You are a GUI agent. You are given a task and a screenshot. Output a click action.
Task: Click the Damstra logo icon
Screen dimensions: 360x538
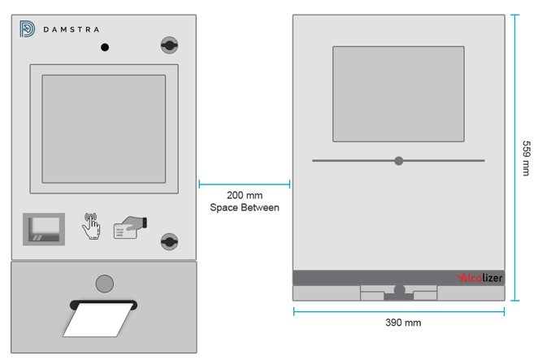coord(28,29)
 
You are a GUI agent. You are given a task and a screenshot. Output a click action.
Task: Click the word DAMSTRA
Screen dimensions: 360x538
coord(71,30)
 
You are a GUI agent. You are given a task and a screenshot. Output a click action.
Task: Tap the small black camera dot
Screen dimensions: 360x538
coord(105,48)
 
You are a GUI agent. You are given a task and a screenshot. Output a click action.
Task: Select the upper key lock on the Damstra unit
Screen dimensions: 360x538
coord(169,45)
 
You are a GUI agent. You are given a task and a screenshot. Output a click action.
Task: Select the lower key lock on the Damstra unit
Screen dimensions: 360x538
coord(169,241)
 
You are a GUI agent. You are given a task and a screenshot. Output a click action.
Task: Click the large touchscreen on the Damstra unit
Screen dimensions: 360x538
coord(104,129)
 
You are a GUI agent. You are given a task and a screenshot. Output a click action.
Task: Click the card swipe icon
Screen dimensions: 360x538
coord(129,228)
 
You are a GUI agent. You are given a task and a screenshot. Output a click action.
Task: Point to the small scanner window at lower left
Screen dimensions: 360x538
coord(44,228)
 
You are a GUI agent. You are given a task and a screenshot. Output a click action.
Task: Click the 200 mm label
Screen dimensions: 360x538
coord(244,195)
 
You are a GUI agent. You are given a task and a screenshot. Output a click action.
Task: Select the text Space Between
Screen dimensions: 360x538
coord(244,208)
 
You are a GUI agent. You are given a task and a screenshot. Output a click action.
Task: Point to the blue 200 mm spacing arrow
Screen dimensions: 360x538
coord(244,184)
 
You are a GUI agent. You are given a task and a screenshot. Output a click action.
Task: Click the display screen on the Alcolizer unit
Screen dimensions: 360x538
coord(398,93)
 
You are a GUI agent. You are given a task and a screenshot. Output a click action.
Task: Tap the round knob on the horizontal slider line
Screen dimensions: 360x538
coord(398,161)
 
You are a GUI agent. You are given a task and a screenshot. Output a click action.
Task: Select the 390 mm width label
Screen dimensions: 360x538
coord(403,323)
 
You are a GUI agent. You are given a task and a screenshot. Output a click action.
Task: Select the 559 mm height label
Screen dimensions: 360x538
coord(526,157)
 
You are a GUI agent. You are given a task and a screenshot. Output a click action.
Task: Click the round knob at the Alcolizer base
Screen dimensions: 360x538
coord(398,290)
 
